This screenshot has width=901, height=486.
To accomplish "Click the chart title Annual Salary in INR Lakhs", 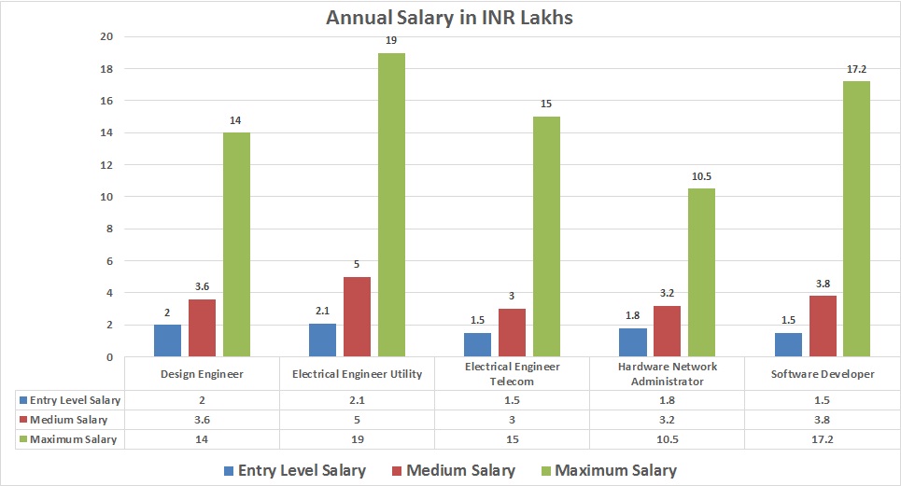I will (451, 17).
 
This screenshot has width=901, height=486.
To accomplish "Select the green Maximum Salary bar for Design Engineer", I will (236, 244).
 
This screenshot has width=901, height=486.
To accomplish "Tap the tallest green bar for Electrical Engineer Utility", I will (391, 205).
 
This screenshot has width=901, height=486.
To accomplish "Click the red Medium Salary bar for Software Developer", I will (823, 326).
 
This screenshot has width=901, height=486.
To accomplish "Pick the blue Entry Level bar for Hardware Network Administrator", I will (633, 342).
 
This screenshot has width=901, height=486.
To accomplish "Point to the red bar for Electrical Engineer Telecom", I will (512, 333).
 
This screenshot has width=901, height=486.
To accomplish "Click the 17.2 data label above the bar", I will (856, 70).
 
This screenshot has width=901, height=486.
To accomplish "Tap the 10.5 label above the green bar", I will (701, 177).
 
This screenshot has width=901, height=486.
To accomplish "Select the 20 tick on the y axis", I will (106, 37).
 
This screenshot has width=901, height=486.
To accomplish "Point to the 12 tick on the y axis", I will (106, 165).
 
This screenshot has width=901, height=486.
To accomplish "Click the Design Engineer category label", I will (202, 374).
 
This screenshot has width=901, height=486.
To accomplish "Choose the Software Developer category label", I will (823, 374).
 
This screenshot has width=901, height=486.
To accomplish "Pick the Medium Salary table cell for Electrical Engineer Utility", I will (357, 420).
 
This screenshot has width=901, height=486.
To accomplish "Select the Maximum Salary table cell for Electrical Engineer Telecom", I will (512, 439).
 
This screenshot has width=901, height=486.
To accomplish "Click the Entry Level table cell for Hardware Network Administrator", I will (667, 399).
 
